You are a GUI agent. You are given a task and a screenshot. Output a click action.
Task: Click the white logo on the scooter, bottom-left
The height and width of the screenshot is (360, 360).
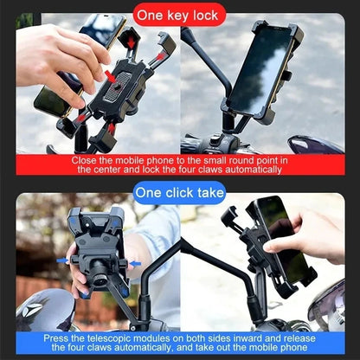[x=34, y=310]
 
